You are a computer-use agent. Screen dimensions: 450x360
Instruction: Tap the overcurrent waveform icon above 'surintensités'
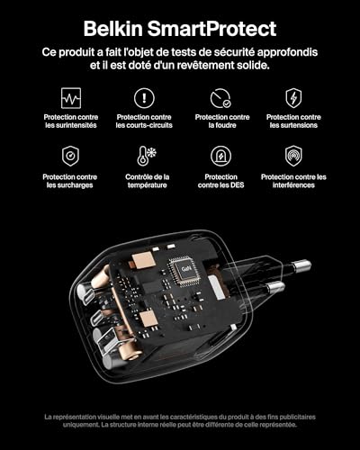pyautogui.click(x=70, y=97)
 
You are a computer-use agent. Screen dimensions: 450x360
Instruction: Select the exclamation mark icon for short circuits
pyautogui.click(x=144, y=97)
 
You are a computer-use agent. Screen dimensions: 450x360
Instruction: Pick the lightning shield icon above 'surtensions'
pyautogui.click(x=293, y=97)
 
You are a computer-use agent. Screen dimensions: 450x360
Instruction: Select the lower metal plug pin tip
pyautogui.click(x=276, y=288)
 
